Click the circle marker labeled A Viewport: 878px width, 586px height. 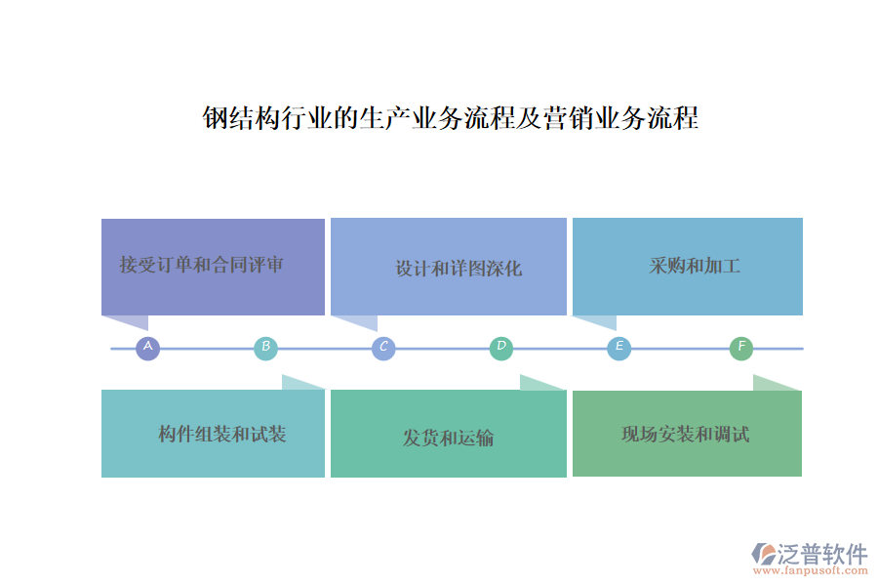point(147,348)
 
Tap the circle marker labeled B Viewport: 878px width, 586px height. point(265,348)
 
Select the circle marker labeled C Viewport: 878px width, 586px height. point(383,348)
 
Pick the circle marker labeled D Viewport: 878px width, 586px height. point(500,348)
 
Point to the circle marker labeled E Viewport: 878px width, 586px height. point(619,348)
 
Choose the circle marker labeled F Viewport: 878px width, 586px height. point(741,348)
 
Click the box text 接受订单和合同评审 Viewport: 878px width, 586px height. point(201,265)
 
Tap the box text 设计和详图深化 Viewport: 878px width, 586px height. point(458,269)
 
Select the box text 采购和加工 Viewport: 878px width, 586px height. point(695,266)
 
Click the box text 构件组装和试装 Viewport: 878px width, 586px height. point(222,435)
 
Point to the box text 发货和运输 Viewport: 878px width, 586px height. point(448,438)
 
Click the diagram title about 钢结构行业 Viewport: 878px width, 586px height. point(450,119)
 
